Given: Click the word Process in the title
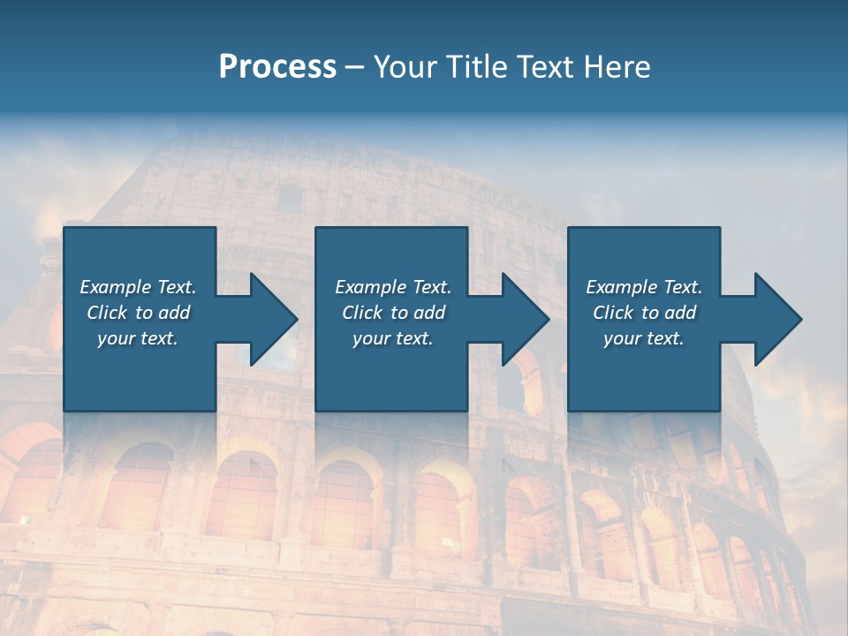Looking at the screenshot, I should pos(277,67).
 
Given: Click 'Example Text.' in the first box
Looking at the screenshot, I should pos(138,287).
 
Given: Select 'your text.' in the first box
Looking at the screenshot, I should pos(138,338).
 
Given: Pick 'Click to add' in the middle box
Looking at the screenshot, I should pos(393,313).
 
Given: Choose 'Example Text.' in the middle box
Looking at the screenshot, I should pos(393,287).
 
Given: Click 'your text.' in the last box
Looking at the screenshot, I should pos(644,338).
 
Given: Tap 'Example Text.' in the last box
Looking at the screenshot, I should pos(644,287).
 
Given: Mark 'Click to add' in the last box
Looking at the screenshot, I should pos(644,313).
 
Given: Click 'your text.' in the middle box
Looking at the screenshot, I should pos(393,338).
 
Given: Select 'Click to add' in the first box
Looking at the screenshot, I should pos(138,313).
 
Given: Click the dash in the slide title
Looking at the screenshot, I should pos(355,67).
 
